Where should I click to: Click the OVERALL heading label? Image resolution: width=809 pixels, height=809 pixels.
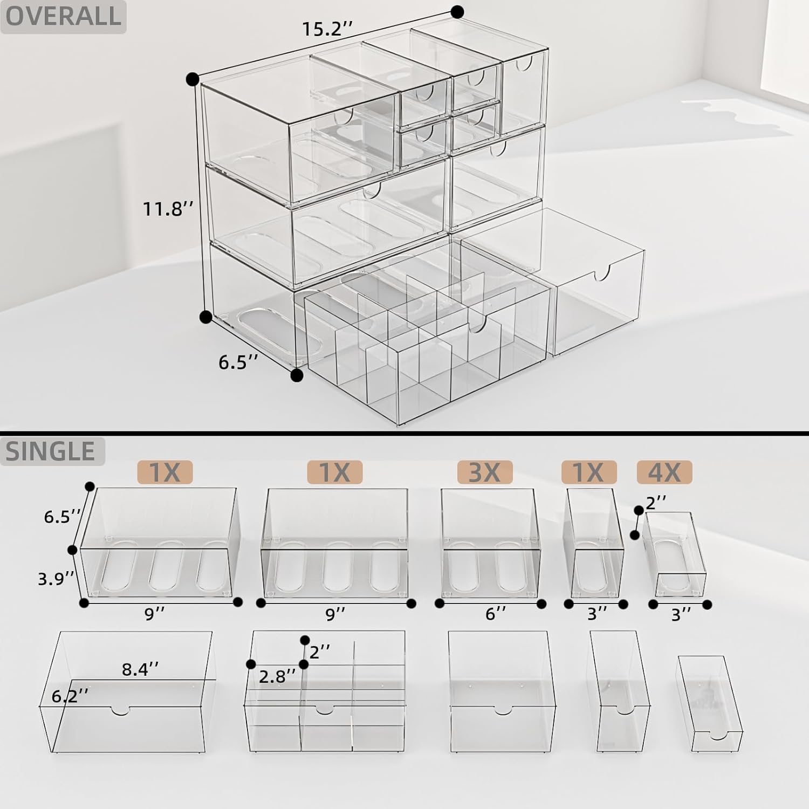coord(63,16)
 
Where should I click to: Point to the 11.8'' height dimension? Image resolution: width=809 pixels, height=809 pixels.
coord(168,208)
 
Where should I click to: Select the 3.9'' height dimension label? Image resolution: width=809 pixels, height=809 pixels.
coord(56,579)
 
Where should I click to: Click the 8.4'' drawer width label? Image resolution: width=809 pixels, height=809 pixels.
coord(140,669)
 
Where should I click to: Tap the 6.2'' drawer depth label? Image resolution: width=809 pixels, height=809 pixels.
coord(70,696)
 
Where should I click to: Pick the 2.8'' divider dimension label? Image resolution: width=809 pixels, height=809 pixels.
coord(277,676)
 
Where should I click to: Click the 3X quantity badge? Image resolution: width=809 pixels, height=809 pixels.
coord(484,472)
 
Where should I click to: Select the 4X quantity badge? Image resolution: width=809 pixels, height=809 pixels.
coord(664,472)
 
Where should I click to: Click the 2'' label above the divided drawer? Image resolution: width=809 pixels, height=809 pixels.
coord(319,652)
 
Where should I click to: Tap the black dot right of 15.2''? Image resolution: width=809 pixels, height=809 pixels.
coord(457,11)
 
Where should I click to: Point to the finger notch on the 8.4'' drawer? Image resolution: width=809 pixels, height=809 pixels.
coord(121,710)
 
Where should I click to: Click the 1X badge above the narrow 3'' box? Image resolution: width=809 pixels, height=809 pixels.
coord(588,472)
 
